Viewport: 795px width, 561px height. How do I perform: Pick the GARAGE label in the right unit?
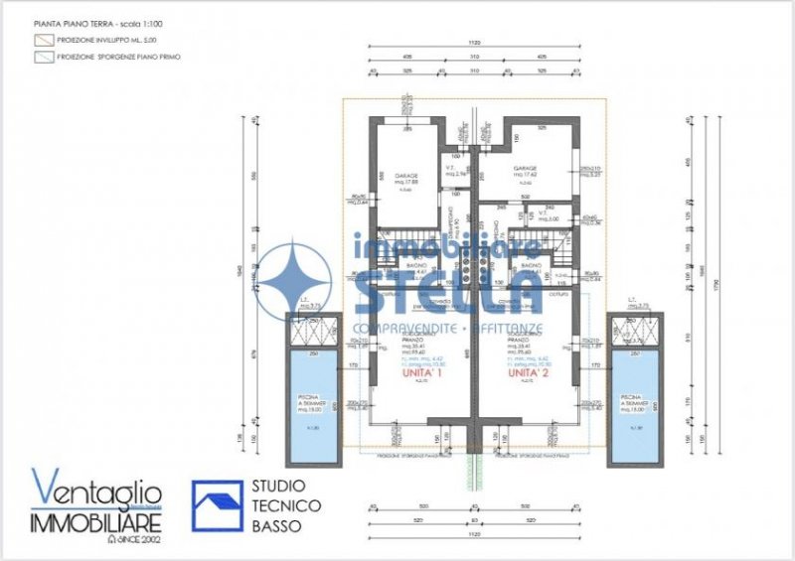pyautogui.click(x=525, y=169)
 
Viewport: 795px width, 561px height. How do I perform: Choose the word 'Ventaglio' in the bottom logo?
pyautogui.click(x=96, y=491)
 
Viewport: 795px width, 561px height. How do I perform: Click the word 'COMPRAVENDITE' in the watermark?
pyautogui.click(x=403, y=327)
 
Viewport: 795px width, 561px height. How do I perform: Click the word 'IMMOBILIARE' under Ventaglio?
pyautogui.click(x=96, y=521)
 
